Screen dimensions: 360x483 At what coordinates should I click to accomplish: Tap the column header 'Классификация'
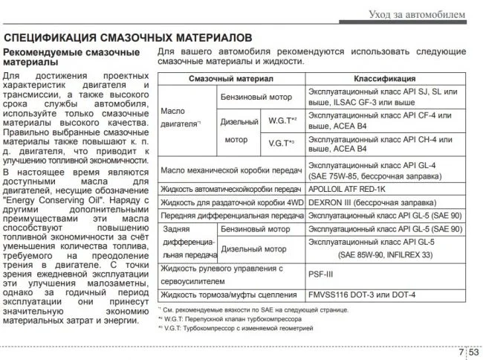[x=384, y=78]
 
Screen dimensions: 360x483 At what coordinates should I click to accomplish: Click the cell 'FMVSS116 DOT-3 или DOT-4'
[x=360, y=294]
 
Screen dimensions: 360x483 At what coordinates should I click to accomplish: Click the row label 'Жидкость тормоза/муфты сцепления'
[x=228, y=294]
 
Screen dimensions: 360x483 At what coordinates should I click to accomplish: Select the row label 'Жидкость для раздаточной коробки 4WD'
[x=232, y=202]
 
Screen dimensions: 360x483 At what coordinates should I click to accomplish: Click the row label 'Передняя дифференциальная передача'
[x=232, y=216]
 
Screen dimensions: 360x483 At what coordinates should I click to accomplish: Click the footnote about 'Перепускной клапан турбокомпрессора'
[x=236, y=318]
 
